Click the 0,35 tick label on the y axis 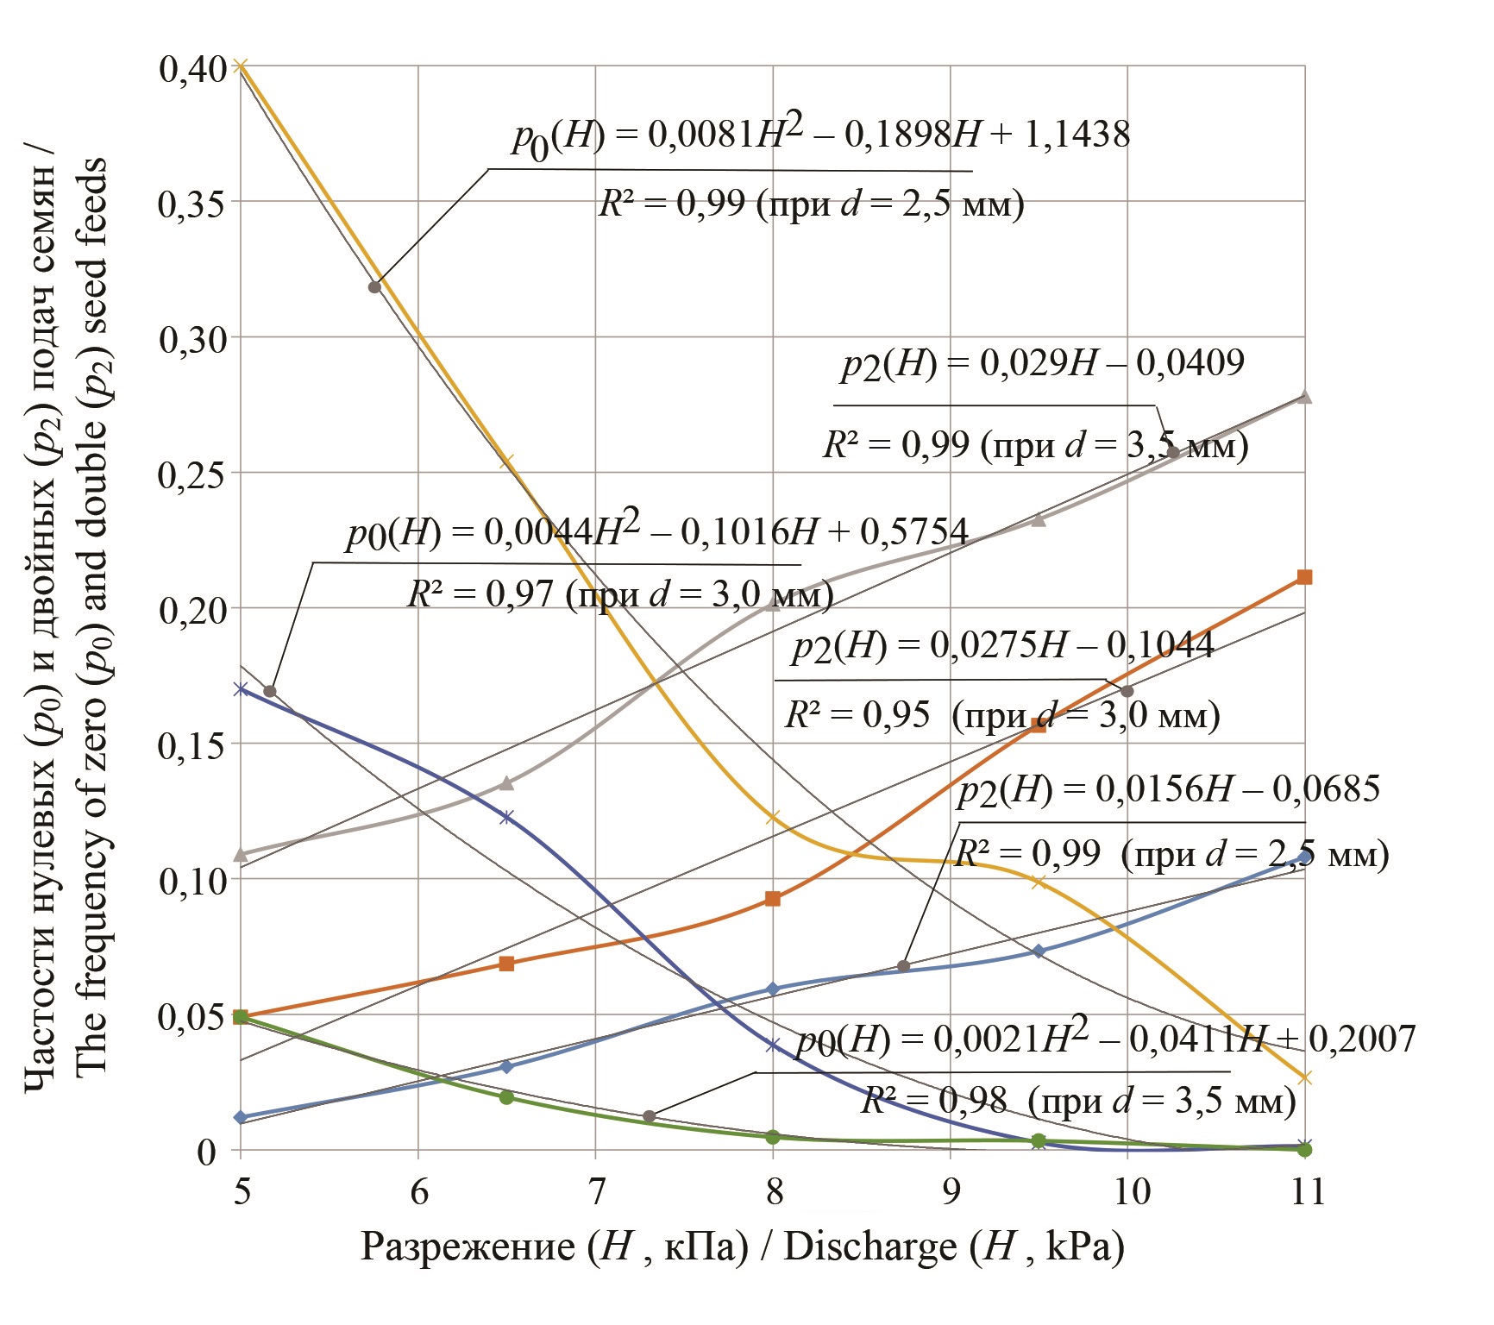click(189, 204)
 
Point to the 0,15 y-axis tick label click(189, 745)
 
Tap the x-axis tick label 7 click(596, 1191)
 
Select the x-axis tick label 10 click(1131, 1191)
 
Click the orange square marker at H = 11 click(1304, 577)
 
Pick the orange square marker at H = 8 click(773, 899)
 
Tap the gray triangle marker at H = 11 click(1304, 397)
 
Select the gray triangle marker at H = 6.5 click(507, 783)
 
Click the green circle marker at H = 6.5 click(506, 1097)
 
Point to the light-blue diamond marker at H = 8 click(773, 989)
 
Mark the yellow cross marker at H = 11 click(1304, 1077)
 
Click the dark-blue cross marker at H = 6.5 click(506, 817)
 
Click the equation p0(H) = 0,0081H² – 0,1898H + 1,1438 click(819, 135)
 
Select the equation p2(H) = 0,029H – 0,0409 click(1043, 364)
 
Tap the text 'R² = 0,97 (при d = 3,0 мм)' click(620, 594)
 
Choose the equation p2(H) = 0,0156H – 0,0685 click(1169, 789)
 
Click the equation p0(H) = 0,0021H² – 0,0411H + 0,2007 click(1105, 1039)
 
